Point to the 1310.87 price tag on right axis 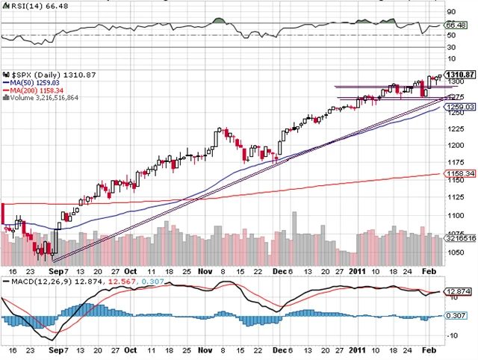(461, 74)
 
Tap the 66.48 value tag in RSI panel (456, 25)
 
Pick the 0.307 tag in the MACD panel (456, 316)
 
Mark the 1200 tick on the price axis (456, 147)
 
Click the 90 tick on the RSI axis (451, 12)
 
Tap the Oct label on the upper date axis (131, 270)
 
